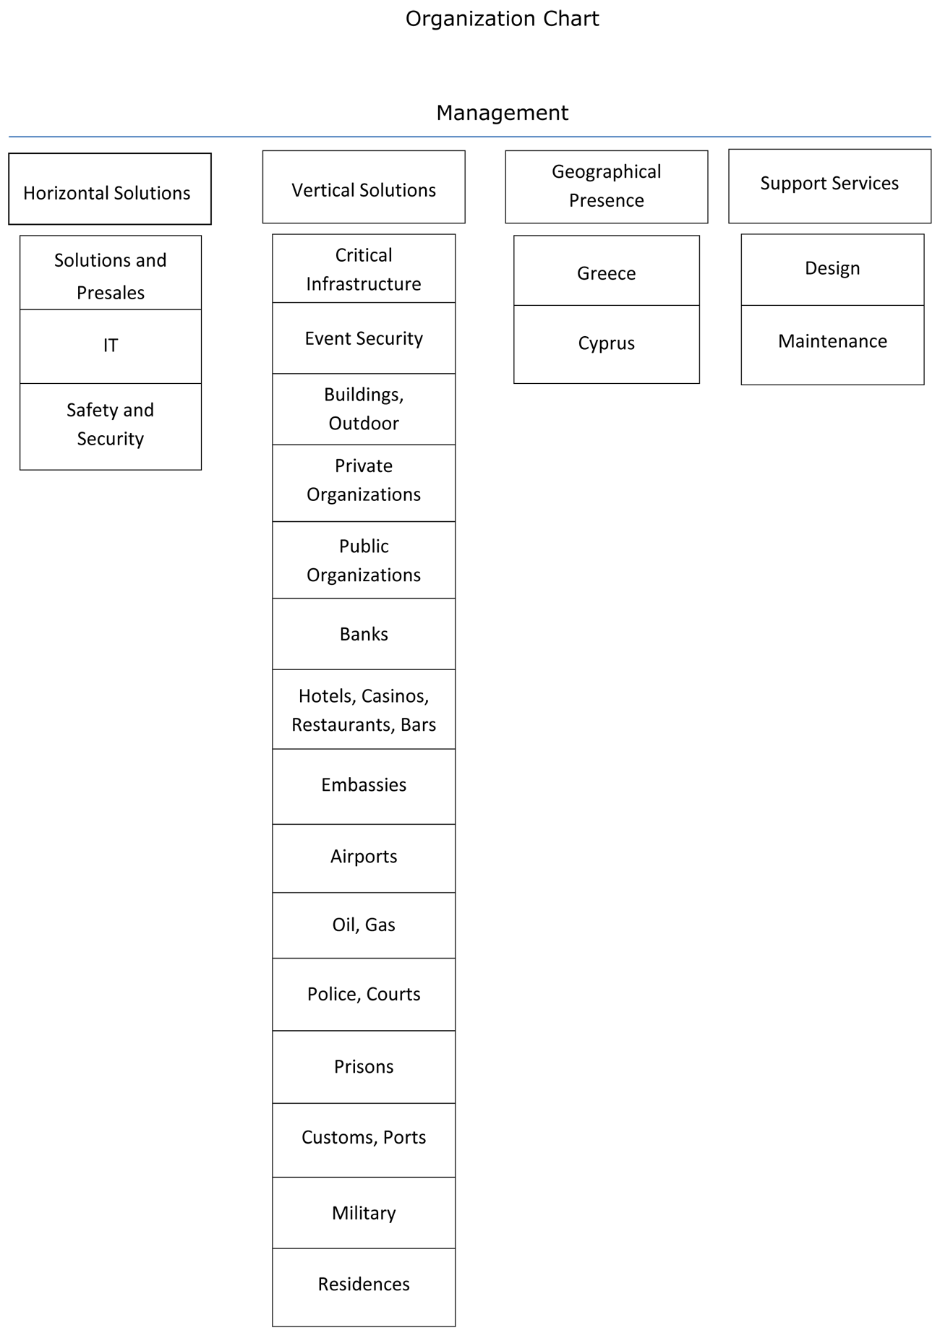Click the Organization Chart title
click(x=502, y=19)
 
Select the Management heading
click(x=502, y=113)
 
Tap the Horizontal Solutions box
click(x=110, y=189)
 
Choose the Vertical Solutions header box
click(x=364, y=187)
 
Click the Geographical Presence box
click(x=607, y=187)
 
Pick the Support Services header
click(x=830, y=186)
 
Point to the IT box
click(x=111, y=346)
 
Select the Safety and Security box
click(x=111, y=427)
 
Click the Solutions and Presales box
click(x=111, y=273)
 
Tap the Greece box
click(x=607, y=270)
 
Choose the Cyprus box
click(x=607, y=344)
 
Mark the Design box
click(x=833, y=270)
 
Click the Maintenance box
click(x=833, y=345)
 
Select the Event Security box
click(x=364, y=338)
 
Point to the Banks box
click(x=364, y=634)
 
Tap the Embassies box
click(x=364, y=786)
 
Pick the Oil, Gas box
click(x=364, y=925)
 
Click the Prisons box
click(x=364, y=1067)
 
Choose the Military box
click(x=364, y=1212)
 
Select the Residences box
click(x=364, y=1287)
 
